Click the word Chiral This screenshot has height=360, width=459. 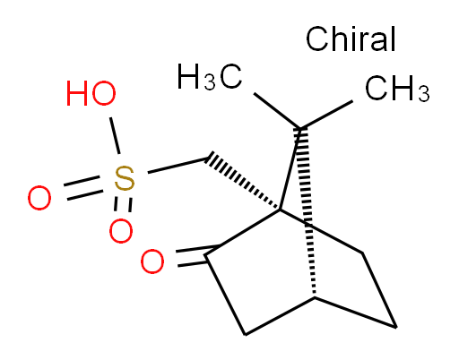pos(351,39)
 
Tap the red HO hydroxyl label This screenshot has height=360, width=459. pos(91,93)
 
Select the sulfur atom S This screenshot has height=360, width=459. pos(125,179)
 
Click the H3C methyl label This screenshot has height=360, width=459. pos(210,77)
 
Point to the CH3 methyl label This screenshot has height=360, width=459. pos(397,89)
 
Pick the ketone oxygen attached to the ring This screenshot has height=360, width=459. pos(152,261)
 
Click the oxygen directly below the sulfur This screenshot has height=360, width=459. pos(121,231)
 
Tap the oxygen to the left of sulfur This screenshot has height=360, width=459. pos(39,198)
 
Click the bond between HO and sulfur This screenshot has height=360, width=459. pos(115,135)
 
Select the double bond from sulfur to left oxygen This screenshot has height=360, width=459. pos(83,188)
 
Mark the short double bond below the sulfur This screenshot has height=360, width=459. pos(123,204)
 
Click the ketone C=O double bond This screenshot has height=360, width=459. pos(197,256)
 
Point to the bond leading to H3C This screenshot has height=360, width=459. pos(277,111)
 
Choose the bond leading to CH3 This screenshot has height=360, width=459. pos(326,115)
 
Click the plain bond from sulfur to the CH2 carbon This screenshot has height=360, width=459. pos(178,166)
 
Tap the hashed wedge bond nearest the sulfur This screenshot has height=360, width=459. pos(243,182)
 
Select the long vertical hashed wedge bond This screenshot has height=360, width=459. pos(307,212)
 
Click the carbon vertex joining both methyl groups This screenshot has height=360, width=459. pos(300,129)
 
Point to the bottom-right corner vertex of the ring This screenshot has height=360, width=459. pos(396,327)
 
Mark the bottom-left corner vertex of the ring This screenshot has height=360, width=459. pos(245,335)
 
